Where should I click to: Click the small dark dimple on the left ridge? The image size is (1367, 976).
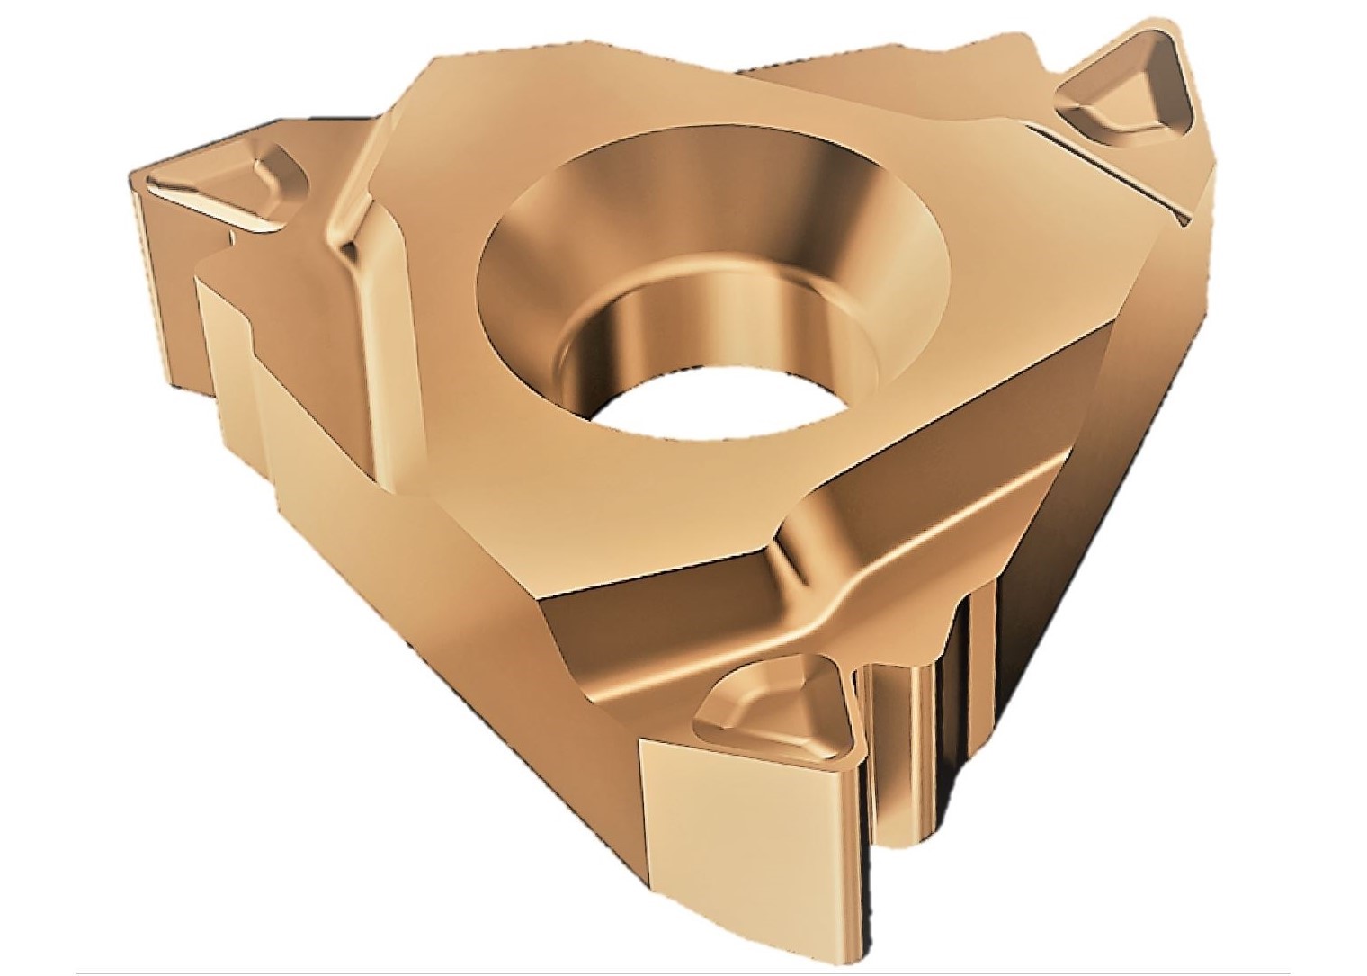pos(232,237)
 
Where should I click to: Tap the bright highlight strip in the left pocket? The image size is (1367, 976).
pos(193,193)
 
